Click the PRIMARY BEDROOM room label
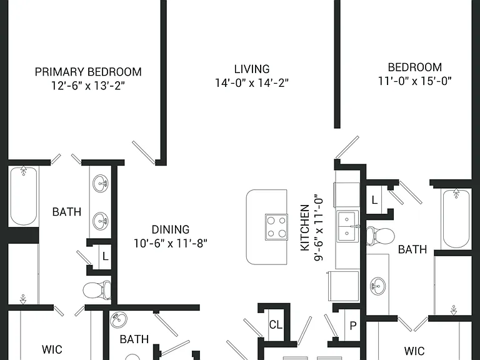(x=88, y=72)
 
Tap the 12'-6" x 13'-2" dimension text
(x=88, y=86)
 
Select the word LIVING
(x=252, y=69)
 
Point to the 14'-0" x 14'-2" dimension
(x=252, y=82)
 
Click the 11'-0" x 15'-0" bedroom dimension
(x=415, y=81)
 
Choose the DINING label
(x=171, y=229)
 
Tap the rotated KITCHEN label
(x=305, y=228)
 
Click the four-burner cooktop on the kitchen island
(x=276, y=227)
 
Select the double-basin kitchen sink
(x=347, y=226)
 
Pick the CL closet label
(x=276, y=324)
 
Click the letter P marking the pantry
(x=353, y=326)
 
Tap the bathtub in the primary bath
(x=24, y=196)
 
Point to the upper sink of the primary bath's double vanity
(x=101, y=183)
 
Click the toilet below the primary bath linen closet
(x=97, y=289)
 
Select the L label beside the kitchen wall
(x=374, y=200)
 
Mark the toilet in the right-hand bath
(x=380, y=236)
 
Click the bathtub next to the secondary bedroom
(x=456, y=219)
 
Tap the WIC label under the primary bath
(x=52, y=349)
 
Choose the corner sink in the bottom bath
(x=118, y=320)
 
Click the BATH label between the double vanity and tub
(x=67, y=211)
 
